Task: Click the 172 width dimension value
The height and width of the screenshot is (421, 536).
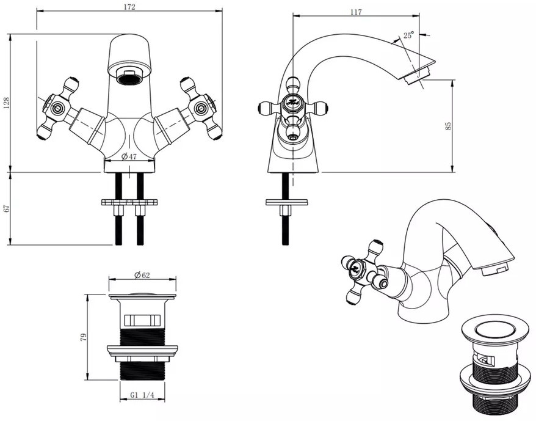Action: pos(129,7)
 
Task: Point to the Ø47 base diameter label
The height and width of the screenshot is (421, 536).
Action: pos(129,156)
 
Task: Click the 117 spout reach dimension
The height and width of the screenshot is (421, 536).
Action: pos(356,12)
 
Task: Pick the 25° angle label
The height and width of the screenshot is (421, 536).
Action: pos(408,35)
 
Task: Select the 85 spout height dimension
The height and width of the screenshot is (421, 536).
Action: pos(449,126)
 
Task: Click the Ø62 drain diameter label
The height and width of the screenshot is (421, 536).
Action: pos(142,275)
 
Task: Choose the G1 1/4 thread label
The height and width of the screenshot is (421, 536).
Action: pos(142,395)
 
